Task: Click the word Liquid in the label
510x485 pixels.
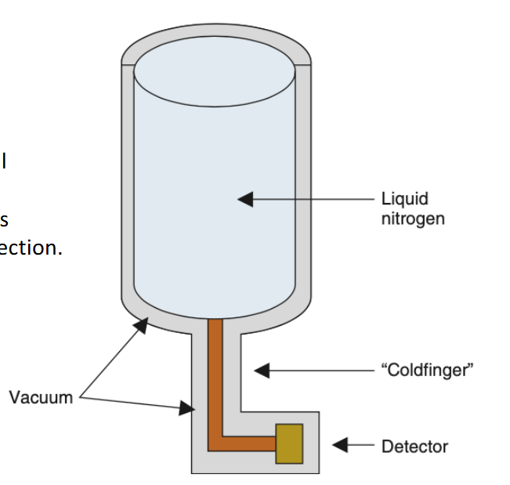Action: click(x=404, y=199)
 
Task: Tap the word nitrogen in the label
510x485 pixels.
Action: click(x=412, y=218)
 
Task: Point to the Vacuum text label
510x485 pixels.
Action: click(x=41, y=397)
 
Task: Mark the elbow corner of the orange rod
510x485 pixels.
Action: click(x=215, y=443)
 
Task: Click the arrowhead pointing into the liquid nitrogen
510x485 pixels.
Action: click(x=246, y=199)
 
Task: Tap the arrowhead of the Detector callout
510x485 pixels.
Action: click(x=340, y=445)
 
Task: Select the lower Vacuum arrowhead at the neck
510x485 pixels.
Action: click(x=186, y=407)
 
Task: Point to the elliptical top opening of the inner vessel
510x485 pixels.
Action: click(x=215, y=71)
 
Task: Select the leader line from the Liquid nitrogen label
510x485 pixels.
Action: click(x=313, y=199)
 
